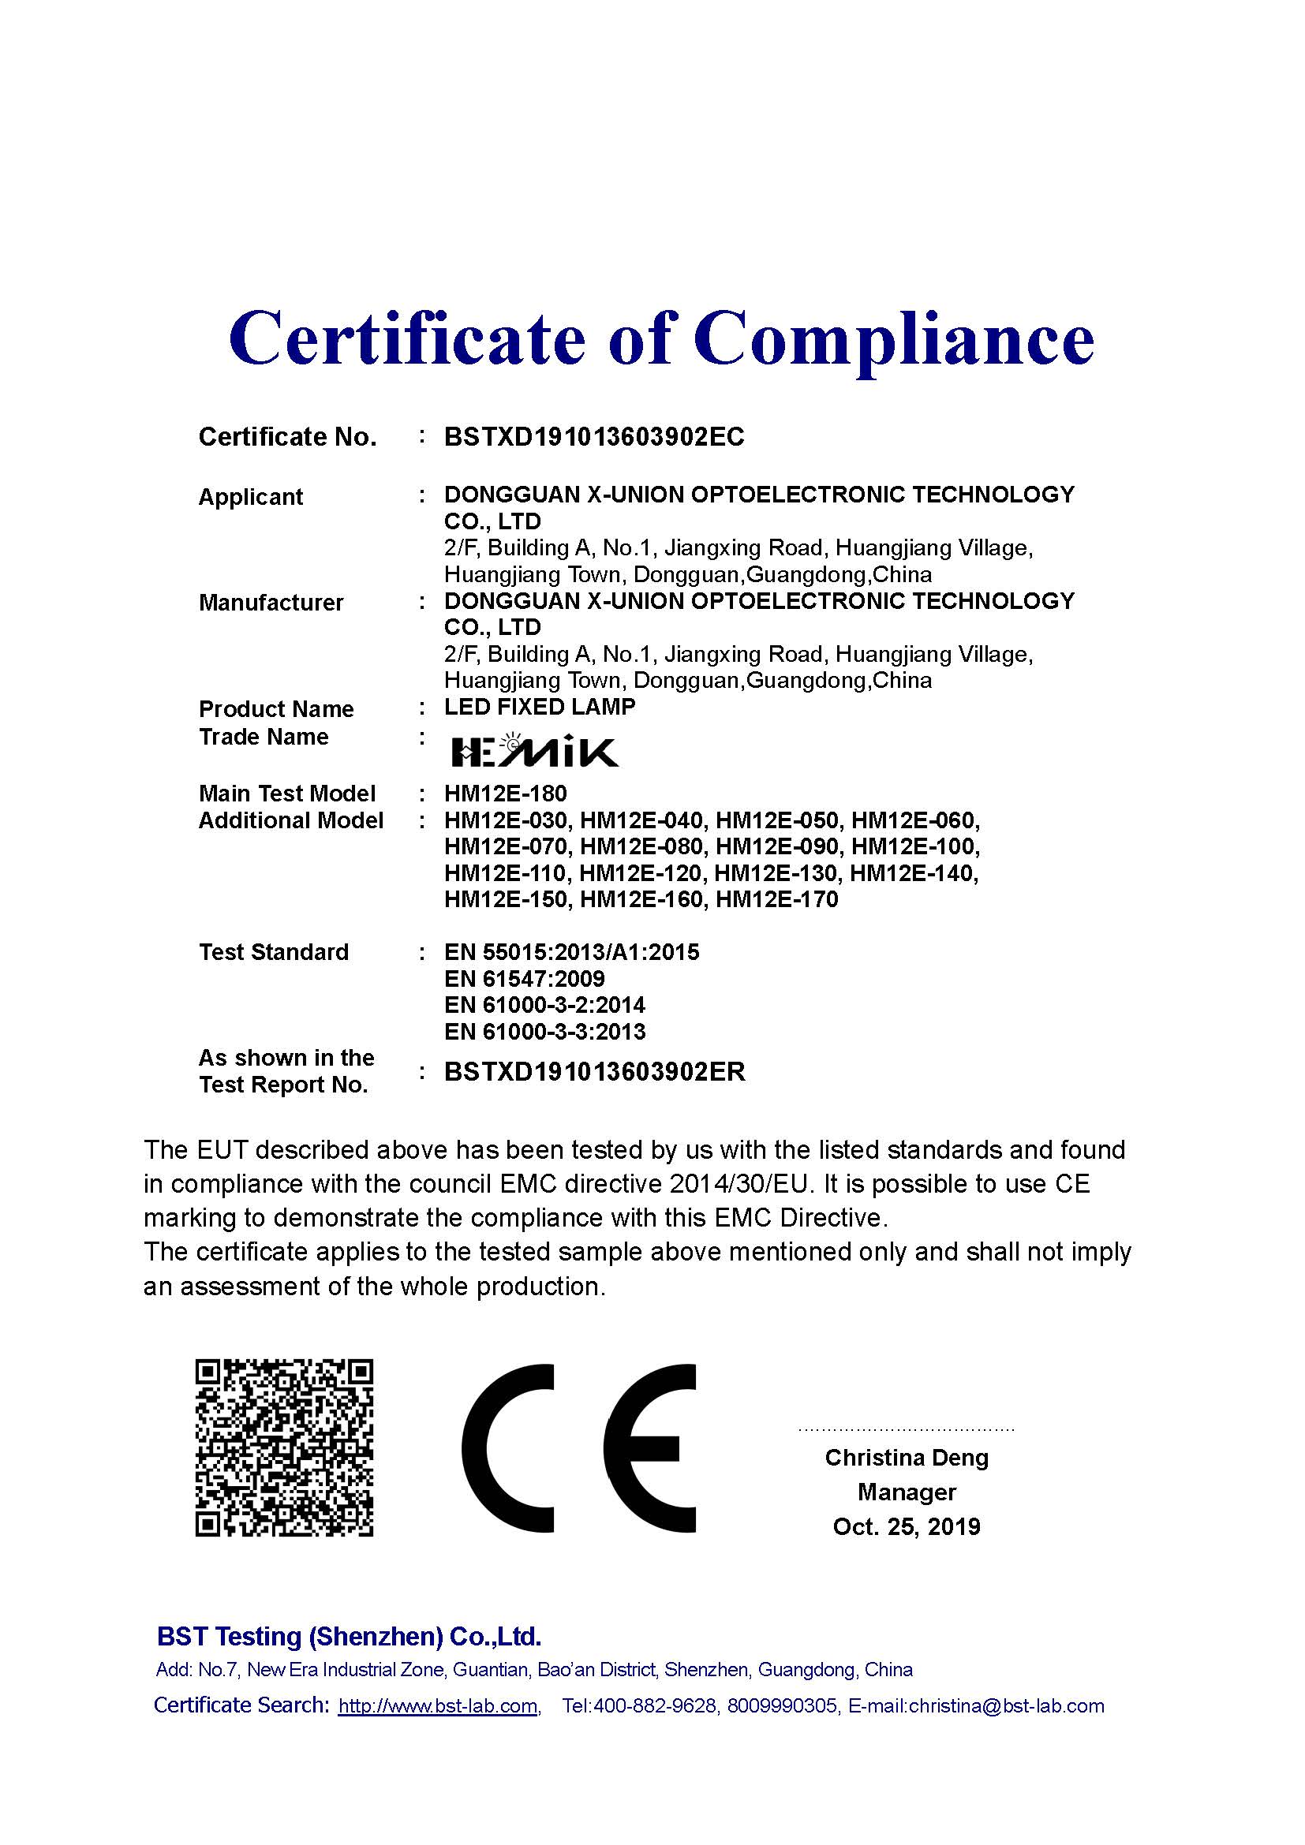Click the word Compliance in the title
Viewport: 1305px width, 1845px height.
coord(894,338)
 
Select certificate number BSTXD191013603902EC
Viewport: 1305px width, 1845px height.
coord(594,436)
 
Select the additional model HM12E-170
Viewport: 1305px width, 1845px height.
coord(776,899)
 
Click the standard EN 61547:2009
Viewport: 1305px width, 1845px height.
coord(524,979)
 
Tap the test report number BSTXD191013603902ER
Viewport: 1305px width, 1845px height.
coord(595,1071)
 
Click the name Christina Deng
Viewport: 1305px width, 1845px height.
coord(907,1457)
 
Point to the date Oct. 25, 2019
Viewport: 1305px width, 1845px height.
coord(907,1526)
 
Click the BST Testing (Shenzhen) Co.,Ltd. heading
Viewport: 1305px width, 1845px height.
coord(349,1636)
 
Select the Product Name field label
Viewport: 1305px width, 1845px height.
coord(275,709)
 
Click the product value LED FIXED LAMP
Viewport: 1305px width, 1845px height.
coord(540,707)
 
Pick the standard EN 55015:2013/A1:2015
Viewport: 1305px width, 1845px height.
coord(571,952)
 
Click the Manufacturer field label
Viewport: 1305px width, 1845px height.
coord(271,603)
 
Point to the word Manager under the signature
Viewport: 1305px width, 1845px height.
coord(907,1492)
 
